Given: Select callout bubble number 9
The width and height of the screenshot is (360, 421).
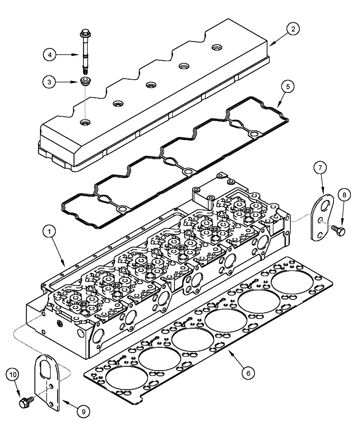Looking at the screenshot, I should pyautogui.click(x=84, y=408).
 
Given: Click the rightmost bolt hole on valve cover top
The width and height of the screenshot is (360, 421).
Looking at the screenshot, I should pyautogui.click(x=217, y=47).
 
